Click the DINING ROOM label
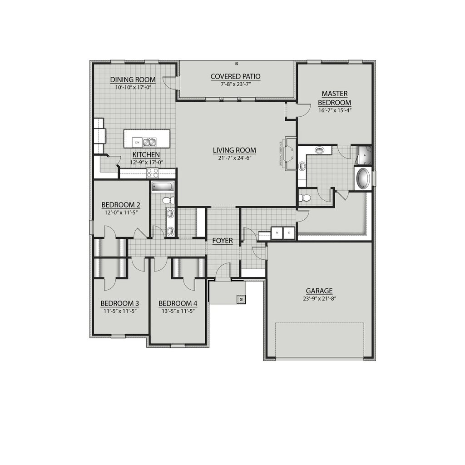coord(133,80)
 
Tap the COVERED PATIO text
coord(235,76)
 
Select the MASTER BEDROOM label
coord(335,98)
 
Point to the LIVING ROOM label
coord(234,150)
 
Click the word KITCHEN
coord(146,155)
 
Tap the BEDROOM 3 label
coord(119,303)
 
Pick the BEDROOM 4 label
coord(178,303)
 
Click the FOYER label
coord(223,241)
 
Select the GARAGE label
coord(319,291)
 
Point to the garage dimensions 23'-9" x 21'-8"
coord(319,298)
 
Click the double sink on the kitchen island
coord(149,142)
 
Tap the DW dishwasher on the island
coord(136,143)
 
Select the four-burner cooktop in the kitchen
coord(153,173)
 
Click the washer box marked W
coord(277,233)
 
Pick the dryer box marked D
coord(289,233)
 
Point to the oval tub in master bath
coord(363,178)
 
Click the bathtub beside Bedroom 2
coord(162,186)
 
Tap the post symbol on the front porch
coord(241,299)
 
